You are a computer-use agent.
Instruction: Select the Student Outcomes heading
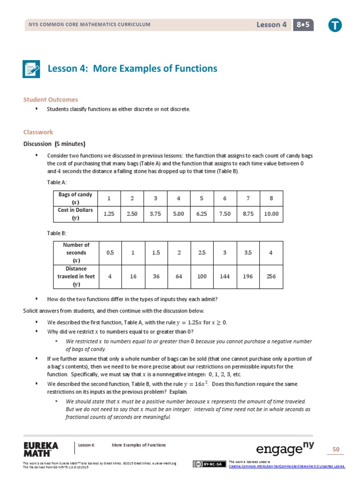51,100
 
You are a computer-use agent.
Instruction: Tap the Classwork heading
38,132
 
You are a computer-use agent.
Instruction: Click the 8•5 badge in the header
303,25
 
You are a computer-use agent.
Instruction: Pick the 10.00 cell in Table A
271,214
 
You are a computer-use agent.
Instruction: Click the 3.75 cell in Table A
155,214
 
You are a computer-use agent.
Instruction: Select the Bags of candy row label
75,198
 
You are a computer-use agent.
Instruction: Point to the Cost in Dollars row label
75,214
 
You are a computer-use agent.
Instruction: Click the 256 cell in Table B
271,276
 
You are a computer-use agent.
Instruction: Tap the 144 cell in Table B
225,276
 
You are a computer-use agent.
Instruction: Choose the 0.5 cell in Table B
110,253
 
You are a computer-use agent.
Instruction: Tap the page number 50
336,450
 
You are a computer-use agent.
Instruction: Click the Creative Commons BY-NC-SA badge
207,464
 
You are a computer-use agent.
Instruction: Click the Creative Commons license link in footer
286,466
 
